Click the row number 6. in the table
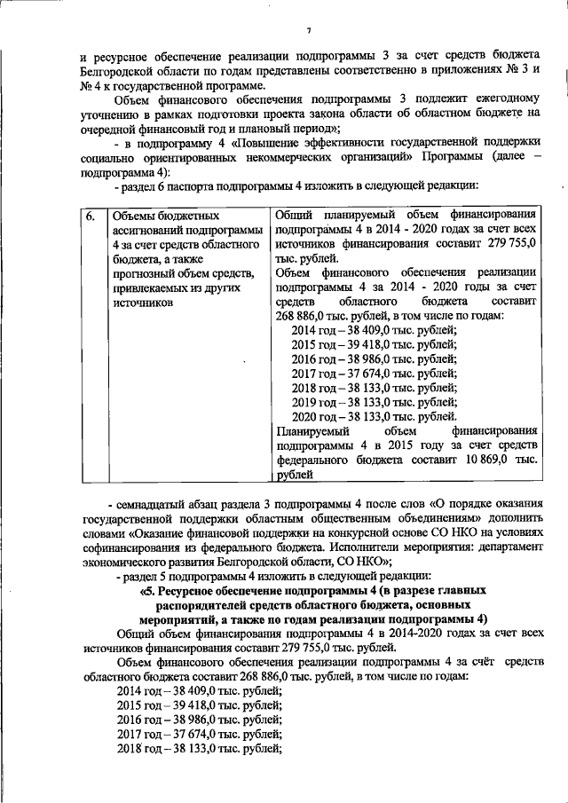click(91, 216)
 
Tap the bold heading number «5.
click(148, 589)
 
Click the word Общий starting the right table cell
click(296, 216)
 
